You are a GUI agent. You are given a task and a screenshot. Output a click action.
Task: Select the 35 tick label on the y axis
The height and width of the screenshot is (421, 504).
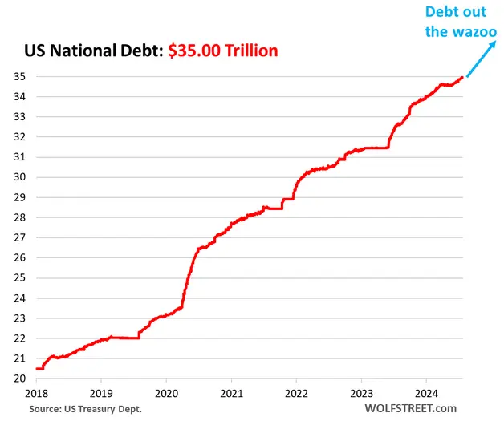[x=17, y=77]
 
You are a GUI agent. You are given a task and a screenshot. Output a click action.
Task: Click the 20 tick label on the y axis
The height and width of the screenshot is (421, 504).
[x=17, y=378]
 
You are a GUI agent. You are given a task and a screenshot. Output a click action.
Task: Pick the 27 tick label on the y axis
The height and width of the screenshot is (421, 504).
[x=17, y=237]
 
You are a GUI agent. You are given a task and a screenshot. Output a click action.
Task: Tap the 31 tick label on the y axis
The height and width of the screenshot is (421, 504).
[x=17, y=157]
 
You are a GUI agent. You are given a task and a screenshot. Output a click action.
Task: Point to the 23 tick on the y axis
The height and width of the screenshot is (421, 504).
[x=17, y=318]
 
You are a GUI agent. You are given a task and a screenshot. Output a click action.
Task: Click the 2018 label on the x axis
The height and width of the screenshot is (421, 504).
[x=36, y=395]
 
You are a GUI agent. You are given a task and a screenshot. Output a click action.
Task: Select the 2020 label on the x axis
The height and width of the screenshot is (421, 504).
[x=166, y=395]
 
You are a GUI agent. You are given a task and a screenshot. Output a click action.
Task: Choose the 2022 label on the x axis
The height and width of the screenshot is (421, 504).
[x=296, y=395]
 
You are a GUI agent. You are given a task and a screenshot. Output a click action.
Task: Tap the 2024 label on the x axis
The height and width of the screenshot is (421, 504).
[x=425, y=395]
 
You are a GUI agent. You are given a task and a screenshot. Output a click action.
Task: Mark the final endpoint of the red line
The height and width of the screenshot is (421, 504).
[x=461, y=78]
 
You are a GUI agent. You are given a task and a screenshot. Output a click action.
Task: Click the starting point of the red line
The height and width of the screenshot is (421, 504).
[x=36, y=368]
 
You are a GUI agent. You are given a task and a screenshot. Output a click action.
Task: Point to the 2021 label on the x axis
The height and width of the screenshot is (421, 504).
[x=231, y=395]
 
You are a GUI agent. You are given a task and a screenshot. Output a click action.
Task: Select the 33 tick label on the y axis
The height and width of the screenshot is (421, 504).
[x=17, y=117]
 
